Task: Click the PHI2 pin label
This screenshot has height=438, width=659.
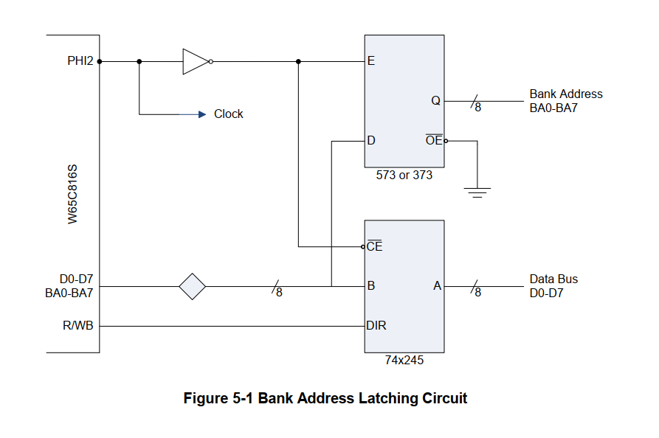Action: pyautogui.click(x=80, y=61)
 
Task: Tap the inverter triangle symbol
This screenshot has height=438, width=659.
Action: pyautogui.click(x=196, y=61)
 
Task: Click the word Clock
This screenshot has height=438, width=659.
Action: pyautogui.click(x=229, y=114)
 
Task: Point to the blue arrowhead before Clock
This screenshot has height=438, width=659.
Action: pyautogui.click(x=201, y=114)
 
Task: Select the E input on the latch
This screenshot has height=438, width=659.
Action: pyautogui.click(x=370, y=61)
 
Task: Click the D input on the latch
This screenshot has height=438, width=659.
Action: pyautogui.click(x=371, y=140)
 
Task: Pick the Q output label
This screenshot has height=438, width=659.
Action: pyautogui.click(x=436, y=101)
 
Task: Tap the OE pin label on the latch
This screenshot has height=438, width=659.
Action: pyautogui.click(x=434, y=140)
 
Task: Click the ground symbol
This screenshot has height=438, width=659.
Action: pyautogui.click(x=477, y=193)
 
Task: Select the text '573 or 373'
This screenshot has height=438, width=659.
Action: pyautogui.click(x=404, y=176)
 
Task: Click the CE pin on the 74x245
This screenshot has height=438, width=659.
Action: pyautogui.click(x=375, y=246)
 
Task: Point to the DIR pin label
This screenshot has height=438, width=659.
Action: pyautogui.click(x=376, y=325)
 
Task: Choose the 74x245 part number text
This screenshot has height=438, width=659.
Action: pyautogui.click(x=404, y=361)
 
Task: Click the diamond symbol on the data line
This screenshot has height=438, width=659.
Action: pyautogui.click(x=193, y=286)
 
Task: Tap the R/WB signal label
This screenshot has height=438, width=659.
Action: pyautogui.click(x=78, y=325)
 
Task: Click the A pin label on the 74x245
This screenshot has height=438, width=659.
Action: pyautogui.click(x=437, y=286)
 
